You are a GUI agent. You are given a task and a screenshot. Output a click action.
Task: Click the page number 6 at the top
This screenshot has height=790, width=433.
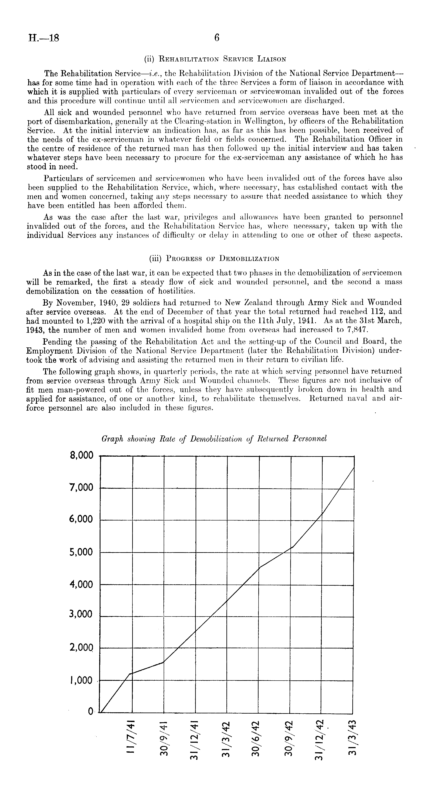[x=217, y=38]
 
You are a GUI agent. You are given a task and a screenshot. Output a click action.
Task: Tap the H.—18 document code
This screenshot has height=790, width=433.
[x=43, y=38]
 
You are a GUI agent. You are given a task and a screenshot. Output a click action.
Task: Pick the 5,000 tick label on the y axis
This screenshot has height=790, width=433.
[x=82, y=552]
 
